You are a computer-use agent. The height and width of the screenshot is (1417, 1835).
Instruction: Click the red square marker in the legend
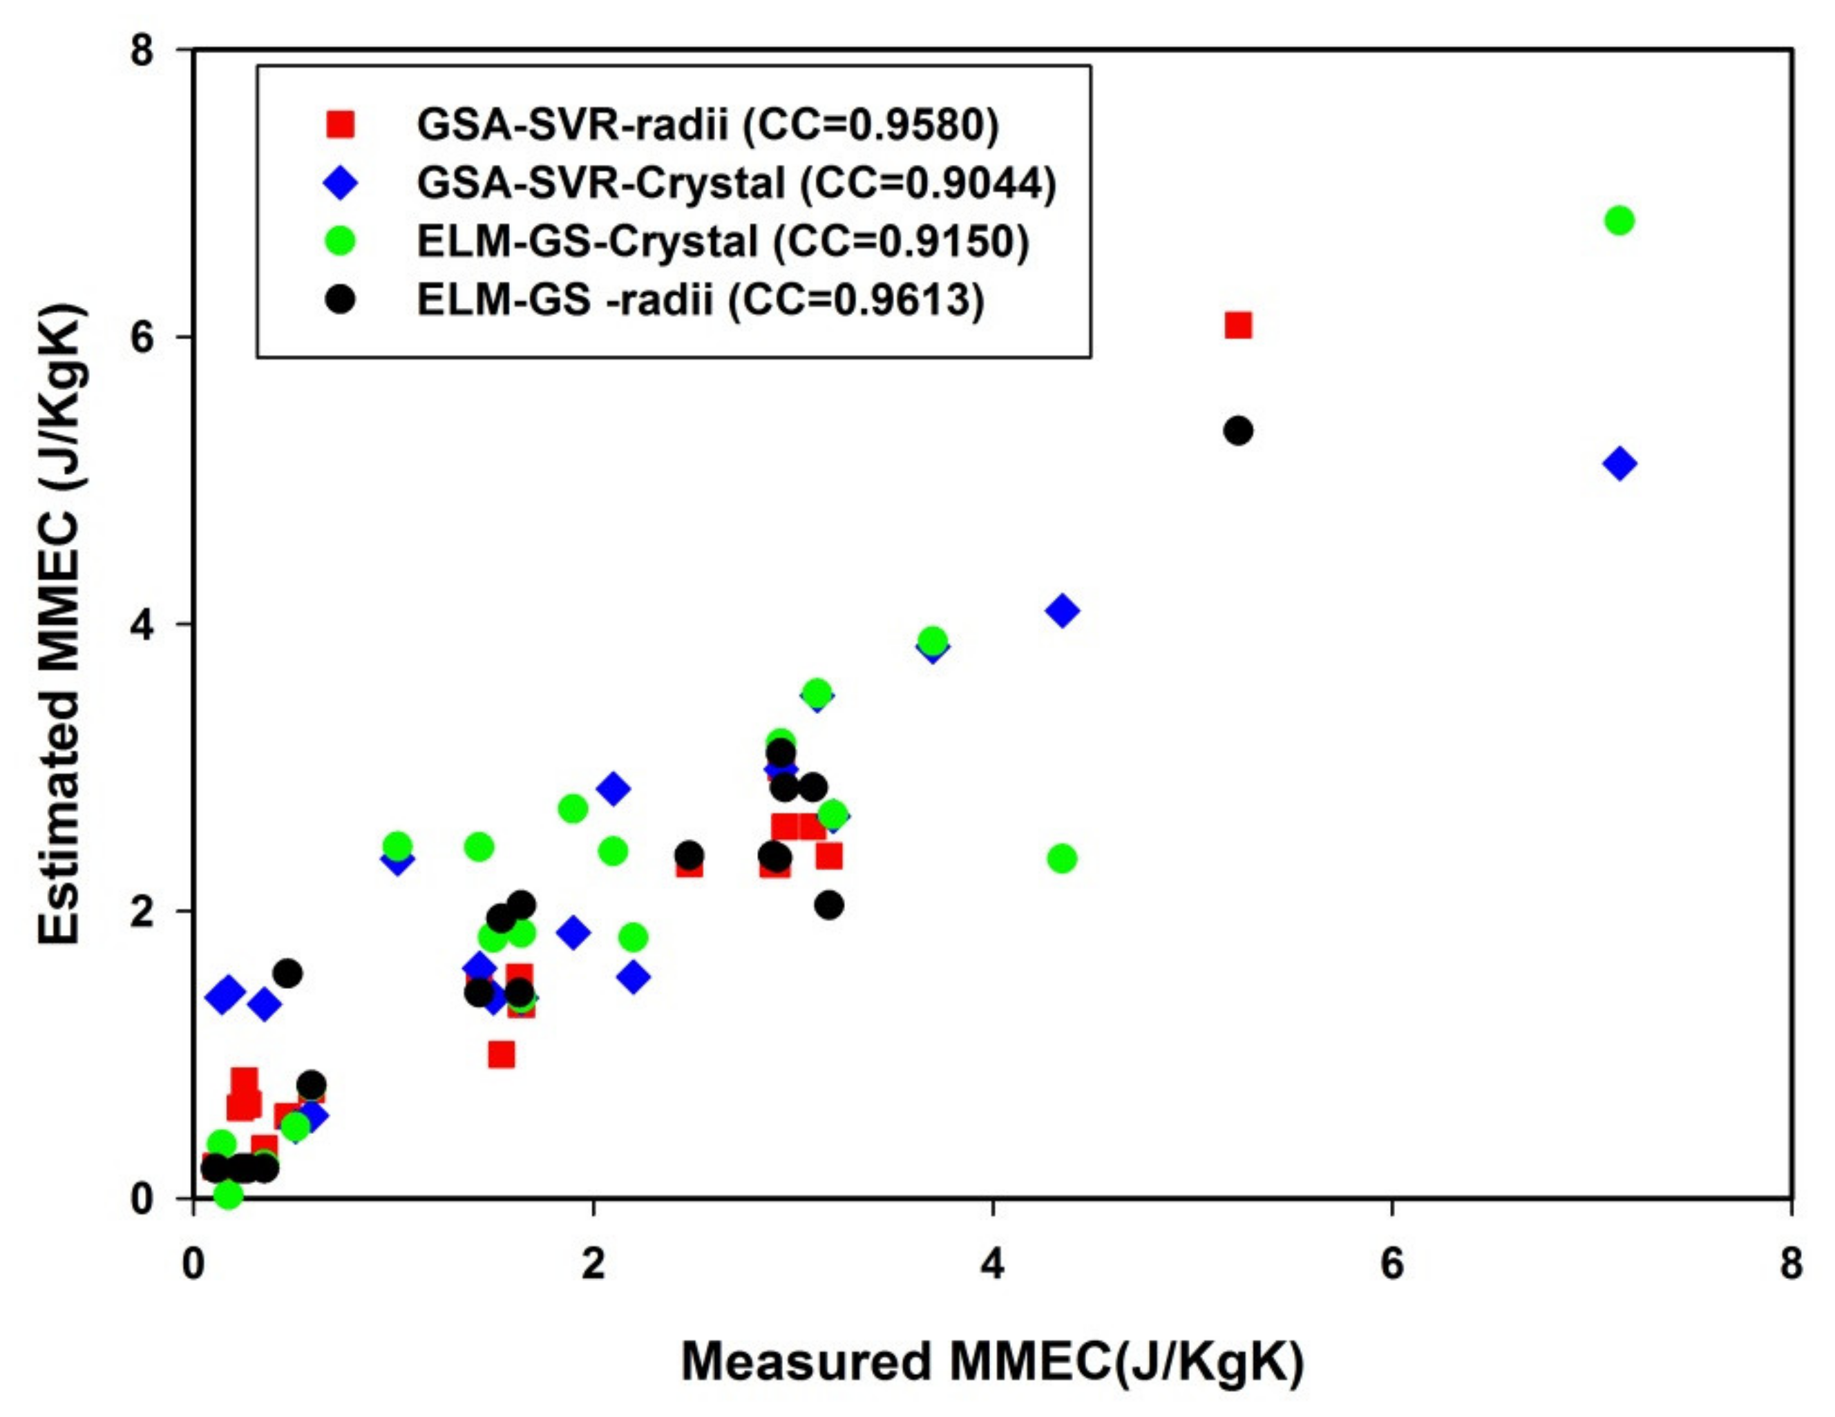[341, 125]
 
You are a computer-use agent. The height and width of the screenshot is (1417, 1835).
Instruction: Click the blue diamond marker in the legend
[341, 183]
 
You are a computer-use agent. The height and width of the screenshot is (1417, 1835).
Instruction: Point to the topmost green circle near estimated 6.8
[1619, 221]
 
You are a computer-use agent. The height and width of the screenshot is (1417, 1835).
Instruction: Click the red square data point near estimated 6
[1237, 325]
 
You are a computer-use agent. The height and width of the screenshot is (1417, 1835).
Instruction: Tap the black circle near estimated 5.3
[1237, 431]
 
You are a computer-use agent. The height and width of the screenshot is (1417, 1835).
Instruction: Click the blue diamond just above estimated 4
[1063, 610]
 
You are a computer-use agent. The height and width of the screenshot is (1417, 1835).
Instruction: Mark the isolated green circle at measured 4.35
[1062, 858]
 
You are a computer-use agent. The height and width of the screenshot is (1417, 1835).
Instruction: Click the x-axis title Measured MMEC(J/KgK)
[991, 1362]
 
